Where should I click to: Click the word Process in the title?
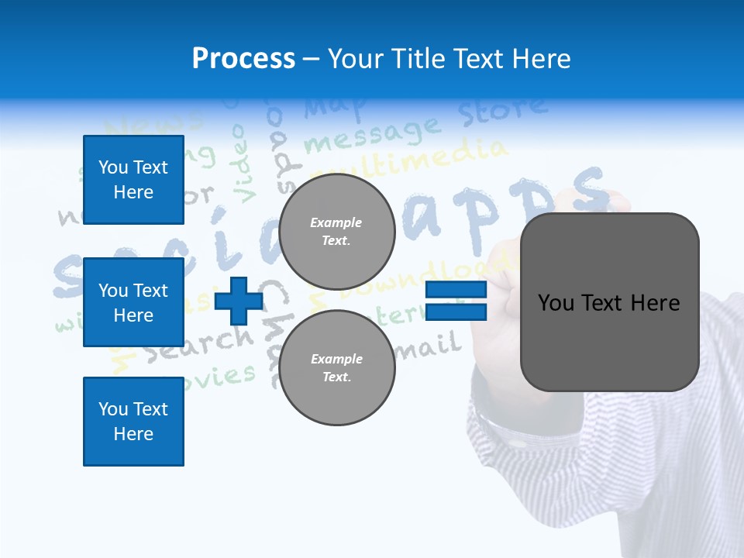click(243, 59)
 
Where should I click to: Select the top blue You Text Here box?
click(133, 180)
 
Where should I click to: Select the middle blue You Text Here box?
click(133, 302)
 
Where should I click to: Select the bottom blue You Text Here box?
click(133, 421)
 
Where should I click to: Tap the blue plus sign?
click(239, 301)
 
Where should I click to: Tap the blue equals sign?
click(456, 301)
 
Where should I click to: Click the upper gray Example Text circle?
click(336, 232)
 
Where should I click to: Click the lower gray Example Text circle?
click(336, 367)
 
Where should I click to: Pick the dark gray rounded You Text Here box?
click(609, 302)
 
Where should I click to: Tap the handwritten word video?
click(245, 164)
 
